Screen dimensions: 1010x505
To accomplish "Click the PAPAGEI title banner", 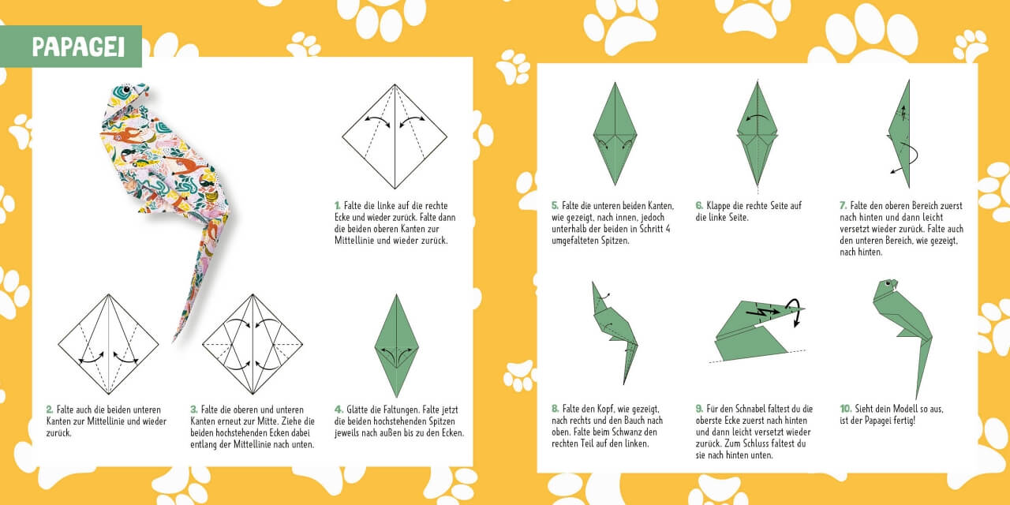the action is click(71, 47).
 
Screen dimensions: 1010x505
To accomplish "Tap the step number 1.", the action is click(337, 206).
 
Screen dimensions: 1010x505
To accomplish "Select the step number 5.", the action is click(555, 206).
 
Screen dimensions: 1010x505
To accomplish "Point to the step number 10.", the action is click(845, 409).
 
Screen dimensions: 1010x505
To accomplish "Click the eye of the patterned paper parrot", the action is click(128, 89).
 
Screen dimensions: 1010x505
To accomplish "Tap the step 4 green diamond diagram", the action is click(396, 346).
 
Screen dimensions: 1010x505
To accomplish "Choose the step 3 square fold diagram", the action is click(252, 345).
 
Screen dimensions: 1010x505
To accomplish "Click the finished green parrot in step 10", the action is click(902, 339).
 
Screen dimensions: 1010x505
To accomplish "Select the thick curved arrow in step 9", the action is click(796, 311).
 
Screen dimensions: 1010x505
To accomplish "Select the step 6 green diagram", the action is click(757, 133).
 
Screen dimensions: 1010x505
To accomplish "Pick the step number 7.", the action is click(843, 206).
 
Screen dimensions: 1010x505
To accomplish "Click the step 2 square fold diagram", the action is click(108, 345).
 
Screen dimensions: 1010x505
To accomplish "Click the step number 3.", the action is click(193, 410).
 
